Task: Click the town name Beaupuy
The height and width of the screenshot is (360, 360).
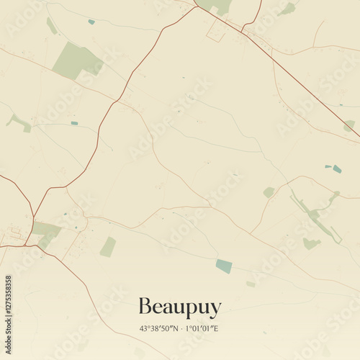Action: (x=179, y=307)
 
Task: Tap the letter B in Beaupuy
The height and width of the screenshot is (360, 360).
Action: (x=144, y=306)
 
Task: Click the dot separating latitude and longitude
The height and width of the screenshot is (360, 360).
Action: (x=180, y=328)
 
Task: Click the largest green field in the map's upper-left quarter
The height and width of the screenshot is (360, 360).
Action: (x=76, y=60)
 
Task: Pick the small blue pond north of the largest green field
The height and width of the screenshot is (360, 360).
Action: (x=91, y=22)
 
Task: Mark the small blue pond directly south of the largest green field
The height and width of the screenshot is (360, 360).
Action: (x=74, y=123)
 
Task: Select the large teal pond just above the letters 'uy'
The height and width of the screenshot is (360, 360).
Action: (x=224, y=266)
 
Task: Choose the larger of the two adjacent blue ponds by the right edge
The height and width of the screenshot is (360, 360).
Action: (x=337, y=169)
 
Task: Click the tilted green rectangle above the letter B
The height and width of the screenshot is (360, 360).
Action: (x=108, y=247)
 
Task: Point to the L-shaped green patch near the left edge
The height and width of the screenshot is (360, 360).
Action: (x=20, y=122)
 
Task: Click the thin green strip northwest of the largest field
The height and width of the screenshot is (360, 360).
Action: (x=52, y=26)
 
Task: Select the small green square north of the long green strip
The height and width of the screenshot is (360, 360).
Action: (x=269, y=192)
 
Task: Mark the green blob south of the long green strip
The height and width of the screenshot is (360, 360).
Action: (x=311, y=244)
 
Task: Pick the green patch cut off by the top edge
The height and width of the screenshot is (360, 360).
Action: (x=215, y=6)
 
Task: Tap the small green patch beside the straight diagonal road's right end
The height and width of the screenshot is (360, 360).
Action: (x=349, y=125)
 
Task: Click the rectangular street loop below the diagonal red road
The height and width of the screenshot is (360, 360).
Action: (x=216, y=31)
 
